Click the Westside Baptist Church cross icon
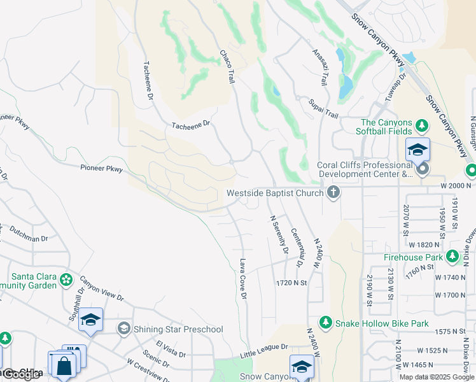click(332, 192)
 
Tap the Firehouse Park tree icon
click(452, 257)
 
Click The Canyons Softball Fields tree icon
click(421, 123)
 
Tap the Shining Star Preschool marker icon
click(123, 329)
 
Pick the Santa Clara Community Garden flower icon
click(66, 279)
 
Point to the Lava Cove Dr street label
click(243, 278)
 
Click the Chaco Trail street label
click(228, 66)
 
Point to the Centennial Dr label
click(297, 248)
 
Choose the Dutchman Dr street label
click(26, 239)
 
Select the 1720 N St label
click(291, 282)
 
